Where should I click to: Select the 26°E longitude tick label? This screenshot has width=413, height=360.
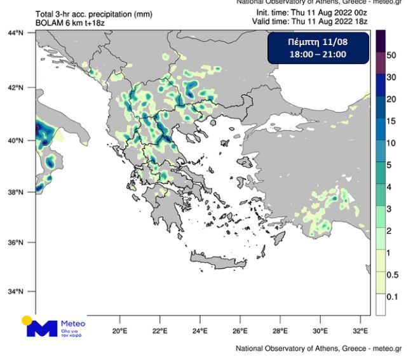point(240,331)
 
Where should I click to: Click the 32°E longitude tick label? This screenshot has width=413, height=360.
point(360,331)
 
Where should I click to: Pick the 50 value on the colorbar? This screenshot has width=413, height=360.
point(391,55)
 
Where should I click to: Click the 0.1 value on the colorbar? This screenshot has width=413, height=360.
point(392,297)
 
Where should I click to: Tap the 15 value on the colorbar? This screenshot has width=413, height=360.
point(391,121)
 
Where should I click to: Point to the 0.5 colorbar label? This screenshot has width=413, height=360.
point(392,275)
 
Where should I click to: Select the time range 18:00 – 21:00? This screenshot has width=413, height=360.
point(317,55)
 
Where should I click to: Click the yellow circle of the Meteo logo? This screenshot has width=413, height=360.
point(27,321)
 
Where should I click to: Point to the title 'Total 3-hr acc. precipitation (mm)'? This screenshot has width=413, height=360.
point(85,14)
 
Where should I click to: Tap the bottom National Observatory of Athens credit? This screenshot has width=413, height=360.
point(318,349)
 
